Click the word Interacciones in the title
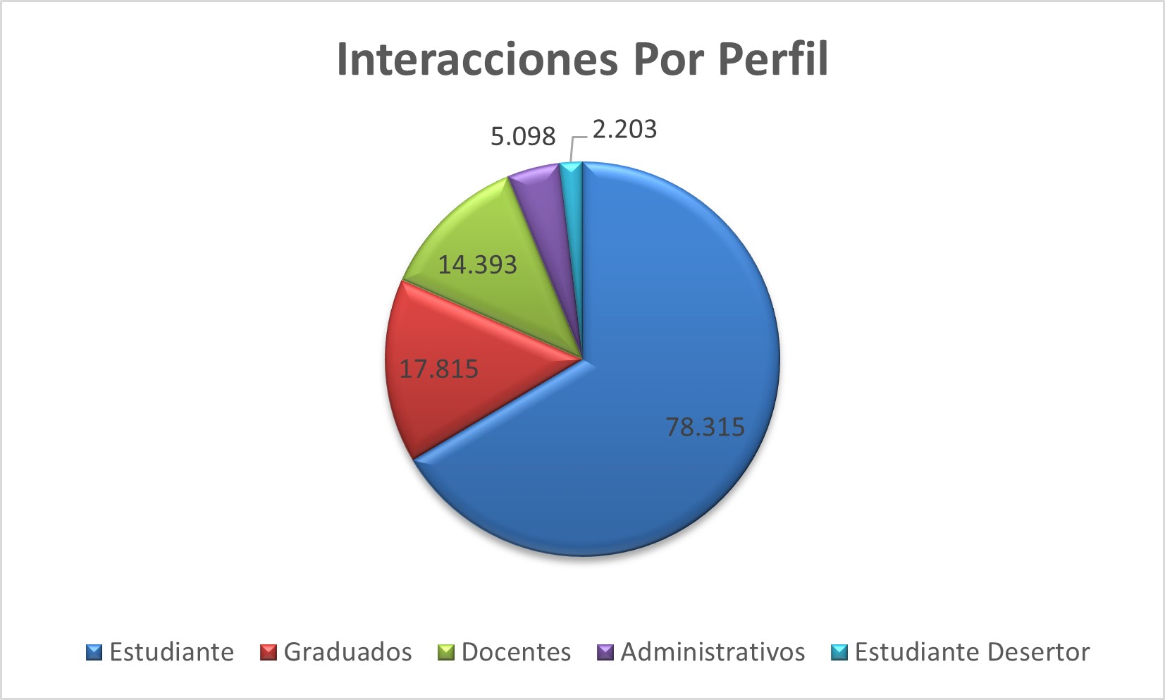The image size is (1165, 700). [477, 59]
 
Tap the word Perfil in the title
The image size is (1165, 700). [772, 59]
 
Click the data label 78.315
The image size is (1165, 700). [705, 427]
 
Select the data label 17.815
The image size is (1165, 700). [439, 369]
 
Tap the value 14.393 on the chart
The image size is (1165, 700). [478, 265]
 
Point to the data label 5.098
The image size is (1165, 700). [523, 136]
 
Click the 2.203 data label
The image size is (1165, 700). [624, 130]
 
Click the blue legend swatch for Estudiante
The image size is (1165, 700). [94, 653]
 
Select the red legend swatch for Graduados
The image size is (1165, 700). [269, 653]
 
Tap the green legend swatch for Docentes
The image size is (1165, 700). [446, 653]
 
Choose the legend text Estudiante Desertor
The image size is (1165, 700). [972, 653]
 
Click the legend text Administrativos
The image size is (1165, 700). [713, 653]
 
